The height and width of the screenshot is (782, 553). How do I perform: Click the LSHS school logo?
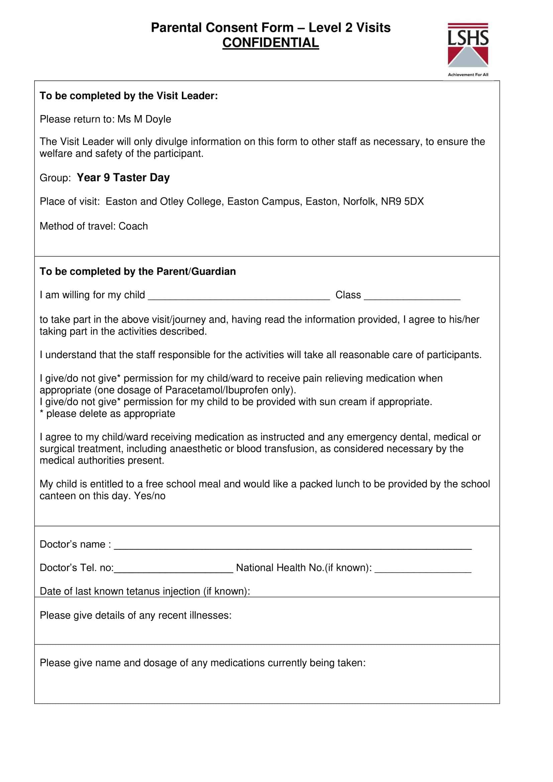click(468, 45)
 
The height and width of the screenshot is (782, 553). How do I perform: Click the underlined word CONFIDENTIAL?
click(271, 43)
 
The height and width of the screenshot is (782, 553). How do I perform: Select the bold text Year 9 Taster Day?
click(123, 178)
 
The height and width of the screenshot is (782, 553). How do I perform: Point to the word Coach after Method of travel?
click(133, 226)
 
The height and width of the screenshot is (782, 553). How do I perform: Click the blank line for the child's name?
click(239, 296)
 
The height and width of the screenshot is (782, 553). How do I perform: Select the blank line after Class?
click(412, 296)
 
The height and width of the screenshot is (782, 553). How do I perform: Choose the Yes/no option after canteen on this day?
click(149, 496)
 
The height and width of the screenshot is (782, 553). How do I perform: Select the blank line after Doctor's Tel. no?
click(174, 568)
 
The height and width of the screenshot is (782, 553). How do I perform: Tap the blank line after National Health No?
click(423, 568)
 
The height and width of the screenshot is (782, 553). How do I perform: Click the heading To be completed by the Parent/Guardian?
click(137, 271)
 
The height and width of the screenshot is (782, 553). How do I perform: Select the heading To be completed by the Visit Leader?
click(129, 96)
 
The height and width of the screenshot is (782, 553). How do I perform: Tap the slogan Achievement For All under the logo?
click(468, 75)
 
